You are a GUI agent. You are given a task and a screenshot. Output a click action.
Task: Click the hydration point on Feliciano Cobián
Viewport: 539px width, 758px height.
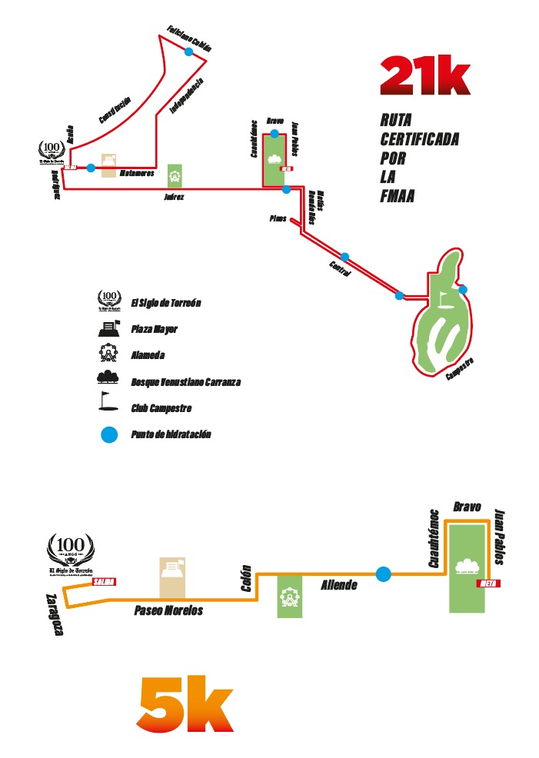(188, 52)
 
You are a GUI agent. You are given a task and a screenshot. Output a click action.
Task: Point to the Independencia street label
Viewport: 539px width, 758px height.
(186, 97)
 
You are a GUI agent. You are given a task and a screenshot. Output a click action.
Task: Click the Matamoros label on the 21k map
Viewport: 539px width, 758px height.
(138, 173)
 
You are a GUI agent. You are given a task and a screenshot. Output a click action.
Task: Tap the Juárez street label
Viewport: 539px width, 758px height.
(175, 197)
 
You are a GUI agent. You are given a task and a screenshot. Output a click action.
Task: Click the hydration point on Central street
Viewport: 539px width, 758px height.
(344, 257)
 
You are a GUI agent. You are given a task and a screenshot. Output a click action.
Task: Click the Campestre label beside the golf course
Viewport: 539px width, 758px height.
(459, 370)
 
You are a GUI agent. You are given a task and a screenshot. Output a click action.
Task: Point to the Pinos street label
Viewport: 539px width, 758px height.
(278, 218)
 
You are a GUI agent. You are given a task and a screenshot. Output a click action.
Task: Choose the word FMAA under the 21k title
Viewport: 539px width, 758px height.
(398, 196)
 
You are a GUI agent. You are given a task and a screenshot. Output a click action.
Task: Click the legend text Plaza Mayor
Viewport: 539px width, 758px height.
(154, 329)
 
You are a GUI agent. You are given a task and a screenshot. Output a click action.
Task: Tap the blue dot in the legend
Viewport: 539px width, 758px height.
(109, 435)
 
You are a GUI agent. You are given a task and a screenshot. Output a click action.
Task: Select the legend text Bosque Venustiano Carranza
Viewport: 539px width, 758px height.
(186, 381)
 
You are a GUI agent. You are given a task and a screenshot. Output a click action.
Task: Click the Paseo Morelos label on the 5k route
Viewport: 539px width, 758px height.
(168, 610)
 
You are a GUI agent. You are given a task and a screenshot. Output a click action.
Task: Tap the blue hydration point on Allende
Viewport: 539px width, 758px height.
(383, 573)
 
